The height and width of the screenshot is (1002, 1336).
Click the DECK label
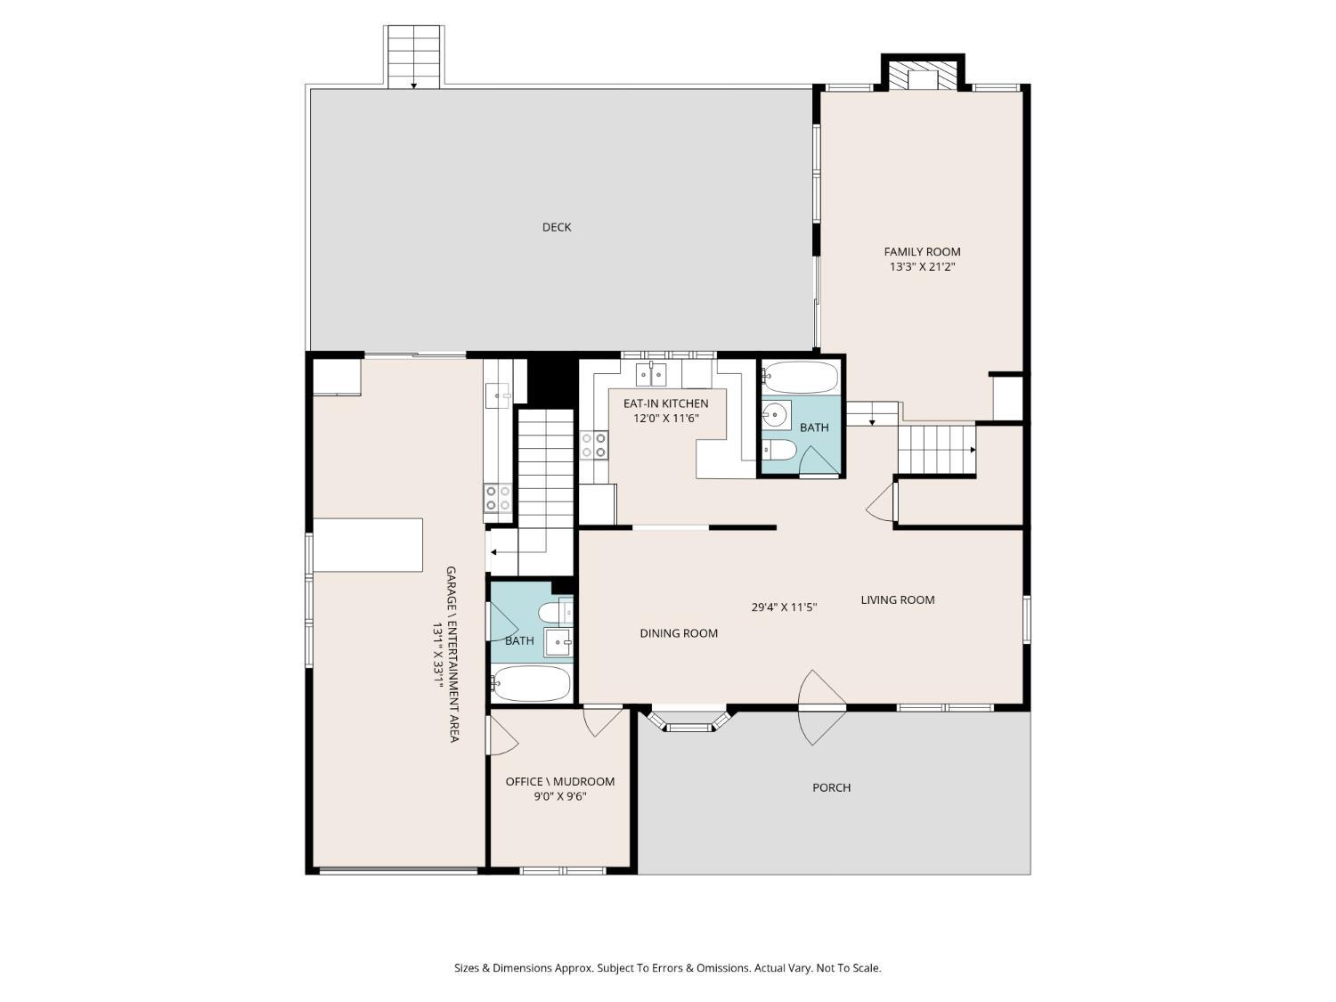tap(557, 227)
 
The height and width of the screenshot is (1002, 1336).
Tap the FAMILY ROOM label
tap(922, 251)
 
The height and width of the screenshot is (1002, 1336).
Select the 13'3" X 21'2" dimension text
tap(922, 266)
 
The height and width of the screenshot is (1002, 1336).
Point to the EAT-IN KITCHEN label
tap(665, 403)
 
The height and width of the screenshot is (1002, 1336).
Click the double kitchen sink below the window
tap(651, 374)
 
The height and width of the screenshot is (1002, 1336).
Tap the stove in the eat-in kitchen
tap(594, 444)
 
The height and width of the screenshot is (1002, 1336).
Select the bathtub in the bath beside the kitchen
tap(801, 377)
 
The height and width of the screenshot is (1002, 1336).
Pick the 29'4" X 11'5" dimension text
tap(783, 607)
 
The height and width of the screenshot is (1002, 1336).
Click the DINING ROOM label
tap(678, 633)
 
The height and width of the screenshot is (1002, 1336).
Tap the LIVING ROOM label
tap(897, 599)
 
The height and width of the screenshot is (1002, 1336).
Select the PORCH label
tap(831, 787)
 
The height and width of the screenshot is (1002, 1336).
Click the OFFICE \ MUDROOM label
tap(559, 781)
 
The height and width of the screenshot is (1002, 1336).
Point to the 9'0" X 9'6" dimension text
tap(559, 796)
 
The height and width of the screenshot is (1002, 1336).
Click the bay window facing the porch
tap(689, 719)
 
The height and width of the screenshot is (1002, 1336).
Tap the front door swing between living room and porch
tap(821, 707)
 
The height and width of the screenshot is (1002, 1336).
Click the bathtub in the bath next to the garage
tap(531, 683)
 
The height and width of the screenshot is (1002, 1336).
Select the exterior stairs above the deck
tap(413, 57)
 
